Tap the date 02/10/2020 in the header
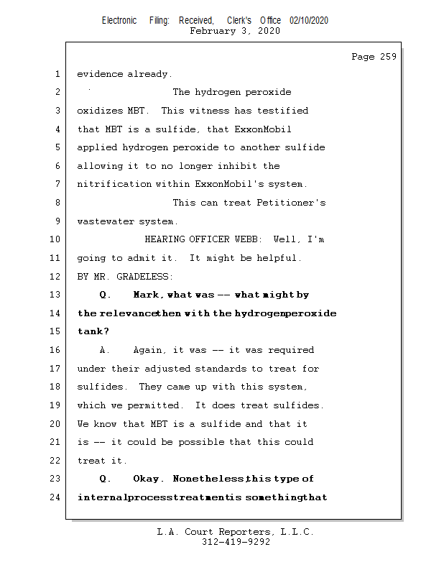tap(309, 21)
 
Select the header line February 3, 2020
tap(235, 31)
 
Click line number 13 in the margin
tap(57, 295)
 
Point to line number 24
tap(57, 497)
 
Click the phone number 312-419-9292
tap(236, 542)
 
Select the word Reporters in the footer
tap(236, 532)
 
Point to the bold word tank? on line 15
tap(93, 331)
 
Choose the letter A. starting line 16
tap(105, 350)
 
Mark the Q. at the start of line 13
tap(105, 295)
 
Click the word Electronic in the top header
tap(119, 21)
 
